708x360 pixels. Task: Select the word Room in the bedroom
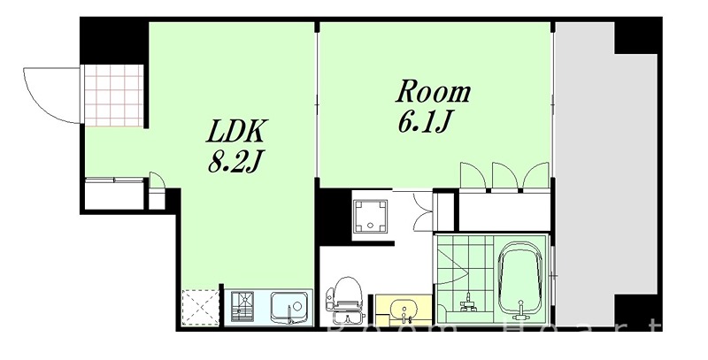point(432,91)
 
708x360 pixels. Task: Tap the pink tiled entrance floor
point(113,95)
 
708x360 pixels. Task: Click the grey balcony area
point(584,177)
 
